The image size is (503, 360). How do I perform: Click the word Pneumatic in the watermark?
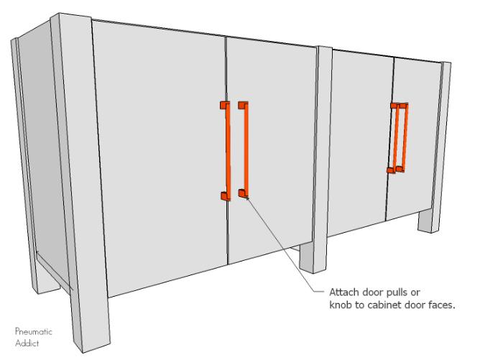[x=33, y=331]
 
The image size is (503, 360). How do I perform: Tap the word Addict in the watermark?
[x=27, y=343]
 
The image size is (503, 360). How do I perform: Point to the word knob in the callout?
[x=341, y=305]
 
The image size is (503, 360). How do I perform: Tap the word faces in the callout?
[x=442, y=305]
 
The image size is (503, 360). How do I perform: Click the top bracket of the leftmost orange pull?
[x=225, y=105]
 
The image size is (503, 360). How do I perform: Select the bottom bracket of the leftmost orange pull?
[x=226, y=196]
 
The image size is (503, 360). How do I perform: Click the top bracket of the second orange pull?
[x=243, y=105]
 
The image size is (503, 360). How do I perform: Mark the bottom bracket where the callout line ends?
[x=243, y=193]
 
